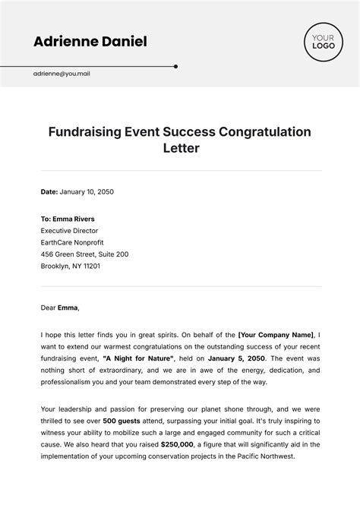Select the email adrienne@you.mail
pyautogui.click(x=62, y=74)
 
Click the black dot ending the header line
pyautogui.click(x=176, y=66)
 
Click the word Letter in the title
pyautogui.click(x=180, y=148)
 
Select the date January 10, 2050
pyautogui.click(x=87, y=192)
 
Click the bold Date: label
pyautogui.click(x=49, y=192)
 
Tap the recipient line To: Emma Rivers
pyautogui.click(x=68, y=218)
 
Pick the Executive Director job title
pyautogui.click(x=69, y=230)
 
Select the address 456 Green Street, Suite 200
pyautogui.click(x=84, y=254)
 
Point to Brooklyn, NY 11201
pyautogui.click(x=71, y=267)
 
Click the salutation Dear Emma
pyautogui.click(x=59, y=308)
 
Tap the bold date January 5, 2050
pyautogui.click(x=238, y=358)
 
